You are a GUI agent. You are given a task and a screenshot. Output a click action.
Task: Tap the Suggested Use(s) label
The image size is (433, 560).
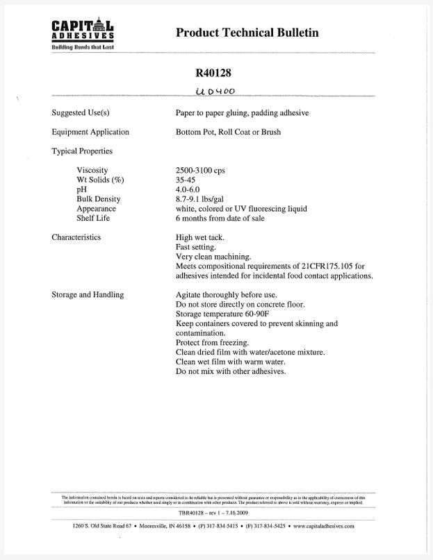(x=81, y=112)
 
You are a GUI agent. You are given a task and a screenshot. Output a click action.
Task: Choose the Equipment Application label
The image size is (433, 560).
(x=90, y=132)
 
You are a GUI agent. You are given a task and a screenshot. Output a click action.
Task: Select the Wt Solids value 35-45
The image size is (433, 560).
(x=187, y=180)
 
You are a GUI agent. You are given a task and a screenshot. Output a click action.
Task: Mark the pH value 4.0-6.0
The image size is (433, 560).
(x=189, y=189)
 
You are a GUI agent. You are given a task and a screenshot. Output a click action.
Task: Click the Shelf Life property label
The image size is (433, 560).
(x=93, y=218)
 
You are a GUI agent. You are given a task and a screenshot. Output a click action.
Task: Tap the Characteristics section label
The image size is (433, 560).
(x=76, y=237)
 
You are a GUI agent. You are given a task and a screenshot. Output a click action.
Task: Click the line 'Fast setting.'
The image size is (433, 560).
(x=196, y=247)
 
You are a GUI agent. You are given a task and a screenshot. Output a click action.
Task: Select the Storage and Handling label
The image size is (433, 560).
(x=88, y=295)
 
